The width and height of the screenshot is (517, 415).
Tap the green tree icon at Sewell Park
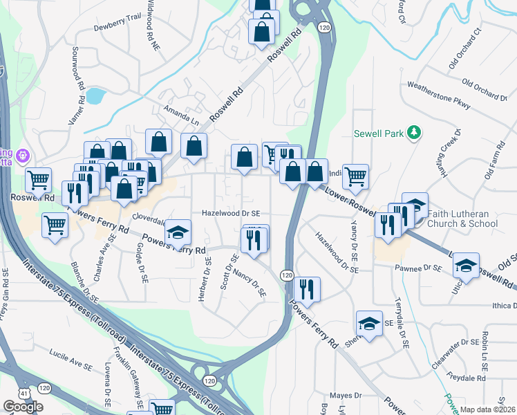coord(414,131)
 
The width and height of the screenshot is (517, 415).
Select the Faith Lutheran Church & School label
coord(462,219)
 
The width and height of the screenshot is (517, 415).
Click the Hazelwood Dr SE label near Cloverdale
coord(231,214)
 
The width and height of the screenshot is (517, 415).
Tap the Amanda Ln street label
coord(180,114)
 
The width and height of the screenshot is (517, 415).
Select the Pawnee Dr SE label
coord(417,268)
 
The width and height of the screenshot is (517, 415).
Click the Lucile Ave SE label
coord(70,362)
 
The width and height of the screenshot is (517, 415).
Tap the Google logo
coord(23,407)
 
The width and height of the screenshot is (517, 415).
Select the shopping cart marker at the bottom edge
coord(163,409)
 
